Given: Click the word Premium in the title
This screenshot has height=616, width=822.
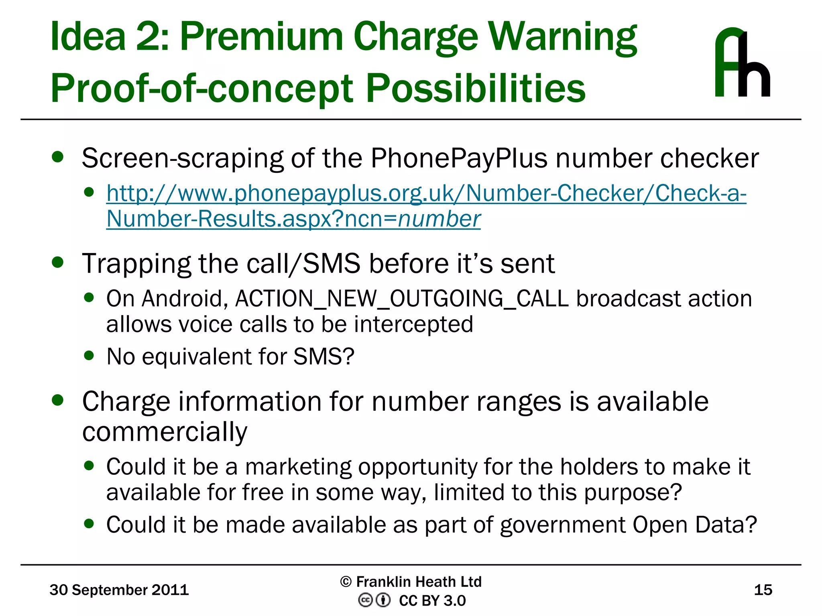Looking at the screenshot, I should [261, 37].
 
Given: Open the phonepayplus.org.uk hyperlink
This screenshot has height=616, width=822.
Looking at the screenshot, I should [426, 193].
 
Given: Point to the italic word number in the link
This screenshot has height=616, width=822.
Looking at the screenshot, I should [439, 219].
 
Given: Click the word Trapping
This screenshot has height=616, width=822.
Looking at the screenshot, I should [136, 264].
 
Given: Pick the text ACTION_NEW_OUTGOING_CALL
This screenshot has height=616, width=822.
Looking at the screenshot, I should [402, 299].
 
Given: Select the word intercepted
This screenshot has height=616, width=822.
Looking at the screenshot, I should [413, 324].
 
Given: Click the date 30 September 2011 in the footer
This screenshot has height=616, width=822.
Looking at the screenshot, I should [119, 590].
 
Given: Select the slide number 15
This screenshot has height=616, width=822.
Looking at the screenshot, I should [763, 590].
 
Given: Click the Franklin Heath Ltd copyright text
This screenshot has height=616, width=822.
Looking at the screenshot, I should [411, 582].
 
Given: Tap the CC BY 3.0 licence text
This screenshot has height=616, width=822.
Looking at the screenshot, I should [432, 601].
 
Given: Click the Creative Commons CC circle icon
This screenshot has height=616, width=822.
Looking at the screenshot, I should [365, 600].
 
